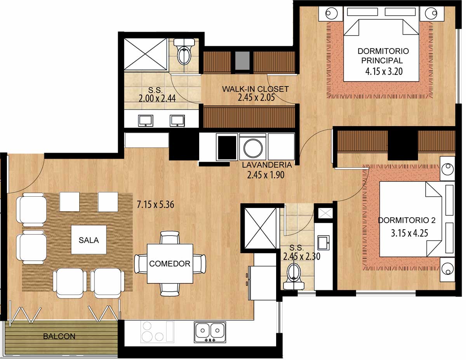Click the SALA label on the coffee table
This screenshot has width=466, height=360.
89,240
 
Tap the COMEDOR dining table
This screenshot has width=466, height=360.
170,263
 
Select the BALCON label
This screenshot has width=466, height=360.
59,336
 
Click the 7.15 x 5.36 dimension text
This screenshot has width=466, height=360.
155,205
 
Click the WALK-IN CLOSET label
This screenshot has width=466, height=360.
256,89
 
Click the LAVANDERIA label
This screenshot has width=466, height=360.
267,165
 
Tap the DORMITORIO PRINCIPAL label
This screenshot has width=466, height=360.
383,56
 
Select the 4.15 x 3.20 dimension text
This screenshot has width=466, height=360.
384,71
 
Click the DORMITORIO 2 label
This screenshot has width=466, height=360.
407,220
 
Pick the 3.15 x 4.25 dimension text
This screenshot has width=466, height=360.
409,233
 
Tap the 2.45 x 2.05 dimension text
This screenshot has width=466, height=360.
256,98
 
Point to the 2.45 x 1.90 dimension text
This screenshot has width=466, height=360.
266,175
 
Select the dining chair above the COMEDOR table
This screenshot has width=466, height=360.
170,237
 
